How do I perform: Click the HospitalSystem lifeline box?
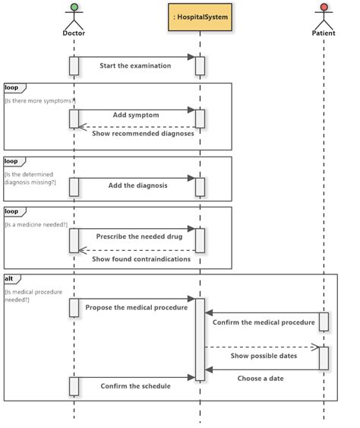click(x=201, y=17)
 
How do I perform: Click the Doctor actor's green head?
click(x=74, y=8)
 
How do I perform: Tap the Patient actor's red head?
click(x=324, y=8)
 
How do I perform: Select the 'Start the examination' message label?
click(x=135, y=65)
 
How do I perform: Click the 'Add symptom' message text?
click(x=136, y=115)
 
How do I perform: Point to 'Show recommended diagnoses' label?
click(x=143, y=133)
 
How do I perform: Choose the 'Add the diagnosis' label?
click(x=137, y=185)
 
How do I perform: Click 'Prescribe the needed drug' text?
click(x=139, y=236)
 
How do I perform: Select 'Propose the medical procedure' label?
click(x=136, y=307)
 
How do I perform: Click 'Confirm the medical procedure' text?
click(x=264, y=322)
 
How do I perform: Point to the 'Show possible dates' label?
click(x=263, y=355)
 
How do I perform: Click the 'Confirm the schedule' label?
click(x=135, y=385)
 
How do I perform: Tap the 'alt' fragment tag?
click(x=10, y=278)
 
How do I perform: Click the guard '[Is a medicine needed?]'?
click(x=36, y=224)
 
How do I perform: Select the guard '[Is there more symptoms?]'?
click(x=40, y=100)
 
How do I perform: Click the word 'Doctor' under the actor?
click(x=74, y=33)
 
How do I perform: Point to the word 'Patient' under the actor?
click(x=324, y=33)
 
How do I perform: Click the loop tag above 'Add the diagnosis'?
click(x=12, y=161)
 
